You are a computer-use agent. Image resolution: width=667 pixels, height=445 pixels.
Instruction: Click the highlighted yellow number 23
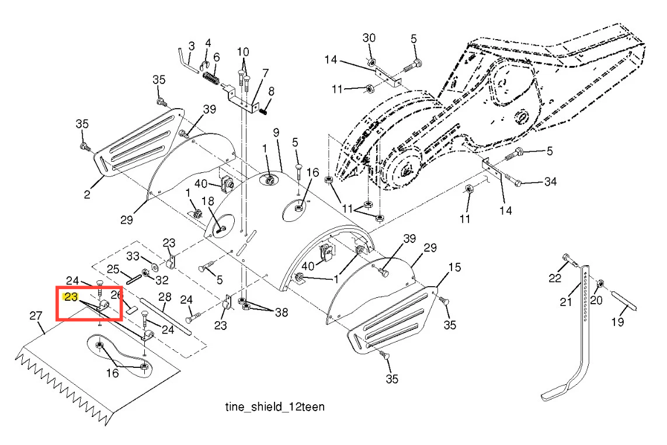tap(71, 297)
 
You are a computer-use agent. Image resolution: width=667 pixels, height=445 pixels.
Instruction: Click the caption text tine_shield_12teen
tap(275, 406)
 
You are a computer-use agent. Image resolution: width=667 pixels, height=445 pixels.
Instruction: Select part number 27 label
tap(36, 317)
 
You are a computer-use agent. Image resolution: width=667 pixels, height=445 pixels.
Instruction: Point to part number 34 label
tap(550, 182)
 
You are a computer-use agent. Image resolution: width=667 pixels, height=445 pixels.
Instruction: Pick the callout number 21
tap(565, 302)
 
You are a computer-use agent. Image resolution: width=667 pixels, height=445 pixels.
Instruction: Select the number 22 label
tap(554, 278)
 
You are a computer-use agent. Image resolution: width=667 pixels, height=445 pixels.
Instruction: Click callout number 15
tap(454, 267)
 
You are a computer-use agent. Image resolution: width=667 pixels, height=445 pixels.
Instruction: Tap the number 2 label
tap(87, 194)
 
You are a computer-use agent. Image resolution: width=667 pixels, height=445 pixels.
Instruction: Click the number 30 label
tap(369, 39)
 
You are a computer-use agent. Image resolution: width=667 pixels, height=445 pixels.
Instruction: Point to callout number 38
tap(281, 312)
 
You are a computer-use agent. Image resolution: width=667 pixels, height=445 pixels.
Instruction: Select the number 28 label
tap(164, 298)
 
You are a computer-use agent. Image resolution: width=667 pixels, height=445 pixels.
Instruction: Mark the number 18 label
tap(208, 201)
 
